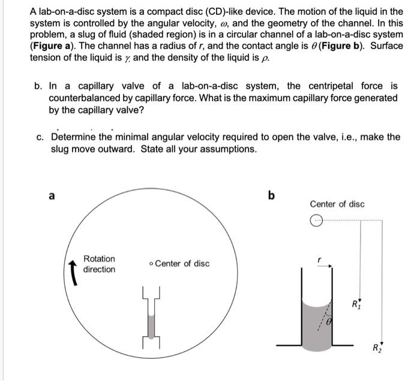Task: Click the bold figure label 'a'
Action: [x=51, y=195]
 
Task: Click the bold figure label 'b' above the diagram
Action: [x=271, y=195]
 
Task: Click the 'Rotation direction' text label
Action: [x=99, y=264]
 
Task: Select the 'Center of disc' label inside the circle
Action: [x=182, y=264]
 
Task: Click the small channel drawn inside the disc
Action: [x=151, y=317]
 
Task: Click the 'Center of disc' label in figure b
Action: [x=337, y=204]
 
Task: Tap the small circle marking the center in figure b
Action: [x=316, y=222]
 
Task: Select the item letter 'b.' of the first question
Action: [x=38, y=86]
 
